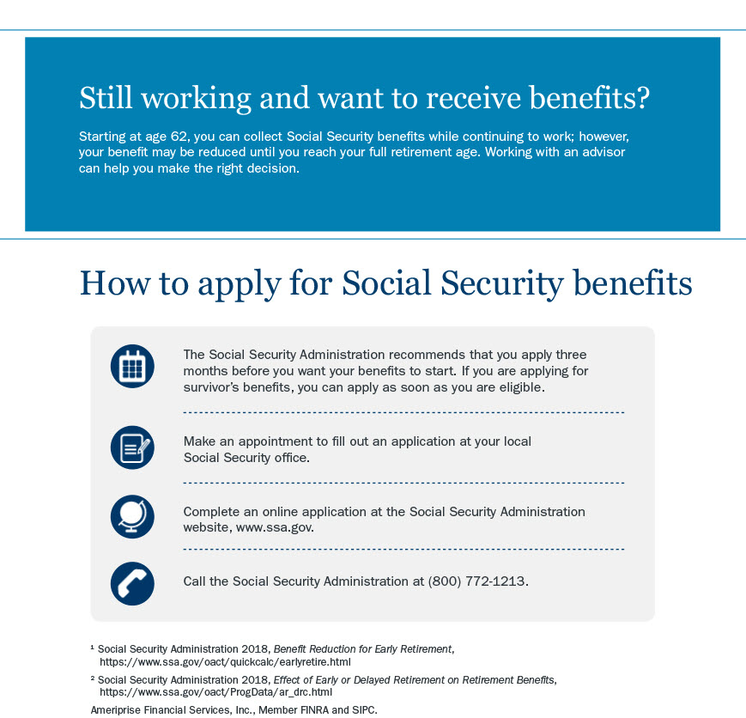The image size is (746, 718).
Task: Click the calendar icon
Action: click(x=132, y=366)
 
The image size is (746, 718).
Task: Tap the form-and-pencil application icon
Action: click(x=132, y=447)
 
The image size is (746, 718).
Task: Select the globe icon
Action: click(x=132, y=516)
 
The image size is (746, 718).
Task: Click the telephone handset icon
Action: click(x=132, y=583)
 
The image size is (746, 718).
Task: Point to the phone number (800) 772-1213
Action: click(x=477, y=581)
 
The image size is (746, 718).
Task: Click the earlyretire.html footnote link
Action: click(x=225, y=662)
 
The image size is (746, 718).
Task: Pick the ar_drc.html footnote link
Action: click(x=215, y=691)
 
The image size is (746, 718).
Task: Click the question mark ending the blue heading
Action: click(x=641, y=99)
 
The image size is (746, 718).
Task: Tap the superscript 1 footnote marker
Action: click(x=93, y=647)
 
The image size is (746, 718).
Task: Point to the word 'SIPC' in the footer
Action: click(x=362, y=710)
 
